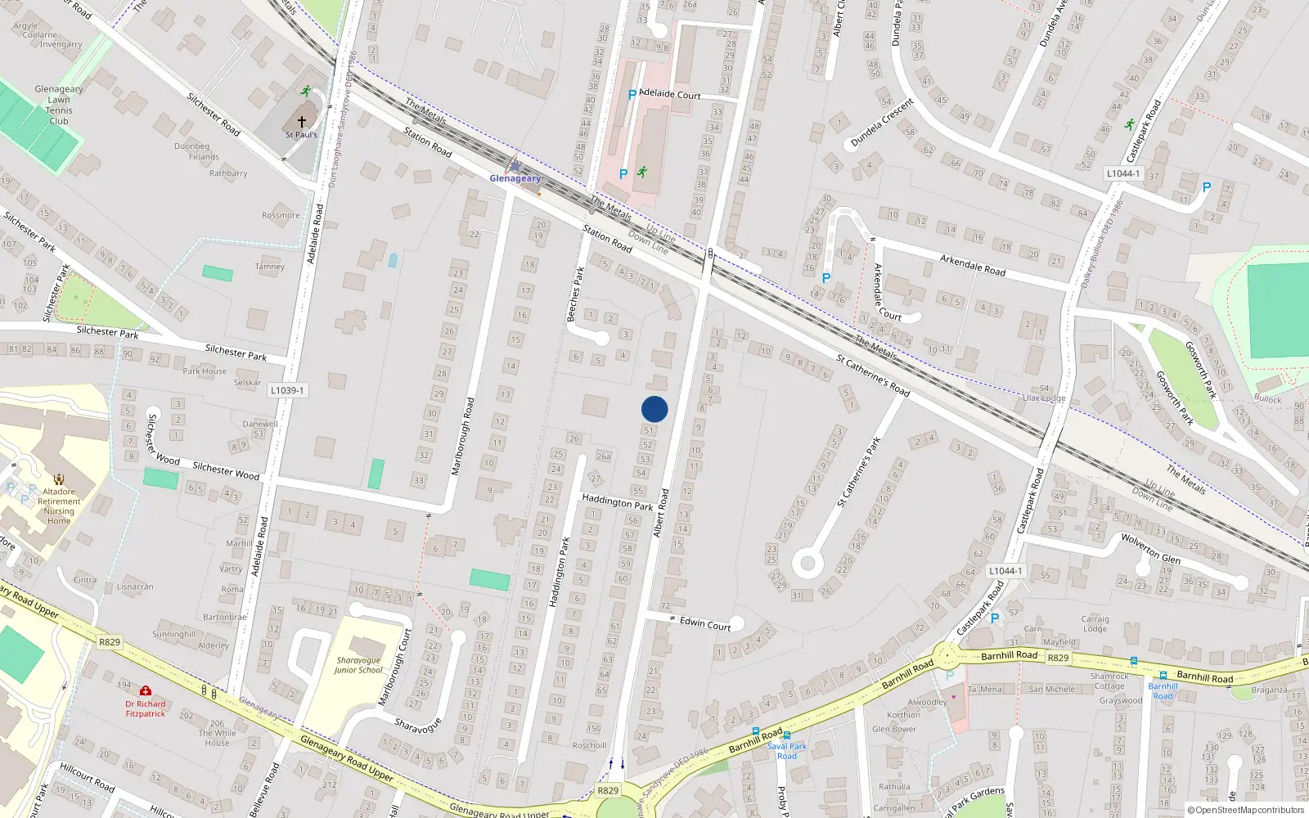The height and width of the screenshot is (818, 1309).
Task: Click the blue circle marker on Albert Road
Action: [x=654, y=409]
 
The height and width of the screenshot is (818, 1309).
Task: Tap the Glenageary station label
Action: [x=515, y=178]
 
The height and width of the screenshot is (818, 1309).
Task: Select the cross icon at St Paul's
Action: [x=302, y=122]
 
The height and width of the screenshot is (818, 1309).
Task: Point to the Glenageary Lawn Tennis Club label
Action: [x=59, y=105]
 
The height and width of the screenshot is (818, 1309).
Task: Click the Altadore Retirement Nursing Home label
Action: [x=59, y=506]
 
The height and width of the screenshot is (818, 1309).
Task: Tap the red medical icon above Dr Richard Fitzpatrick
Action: [x=146, y=691]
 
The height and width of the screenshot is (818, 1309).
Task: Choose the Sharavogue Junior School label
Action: [x=358, y=665]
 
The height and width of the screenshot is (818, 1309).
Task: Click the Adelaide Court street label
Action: [x=669, y=94]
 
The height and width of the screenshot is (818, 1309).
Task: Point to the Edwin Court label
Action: [x=705, y=623]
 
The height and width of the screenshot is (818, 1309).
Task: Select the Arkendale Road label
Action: [x=972, y=265]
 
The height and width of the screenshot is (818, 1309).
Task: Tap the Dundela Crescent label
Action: [x=882, y=123]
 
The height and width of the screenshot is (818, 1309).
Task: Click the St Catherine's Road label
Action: [x=873, y=375]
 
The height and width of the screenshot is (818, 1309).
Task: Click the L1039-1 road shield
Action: [x=287, y=390]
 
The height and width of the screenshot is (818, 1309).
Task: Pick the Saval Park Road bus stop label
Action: [x=786, y=751]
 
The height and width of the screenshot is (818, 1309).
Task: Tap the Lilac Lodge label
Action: [x=1044, y=398]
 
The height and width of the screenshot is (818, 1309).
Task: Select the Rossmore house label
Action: [x=281, y=216]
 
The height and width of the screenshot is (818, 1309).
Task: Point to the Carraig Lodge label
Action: [x=1095, y=623]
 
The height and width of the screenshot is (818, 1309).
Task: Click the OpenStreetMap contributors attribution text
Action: [x=1246, y=810]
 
